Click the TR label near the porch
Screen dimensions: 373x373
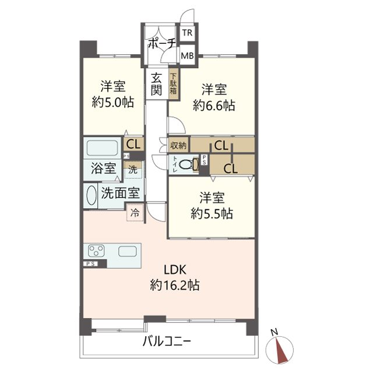(x=186, y=33)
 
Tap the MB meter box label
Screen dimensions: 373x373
(x=186, y=56)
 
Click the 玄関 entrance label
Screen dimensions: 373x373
(x=157, y=84)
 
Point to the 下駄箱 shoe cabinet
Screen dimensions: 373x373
(x=173, y=84)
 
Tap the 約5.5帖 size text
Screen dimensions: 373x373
(x=212, y=213)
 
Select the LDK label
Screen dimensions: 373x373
(x=174, y=270)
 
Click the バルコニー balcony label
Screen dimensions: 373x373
(x=167, y=342)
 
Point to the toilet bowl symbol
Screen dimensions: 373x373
(x=186, y=164)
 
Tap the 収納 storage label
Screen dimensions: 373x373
(x=178, y=145)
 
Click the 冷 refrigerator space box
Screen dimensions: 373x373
(x=135, y=214)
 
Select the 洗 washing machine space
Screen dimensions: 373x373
(x=133, y=170)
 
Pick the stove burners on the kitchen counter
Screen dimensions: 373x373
(x=96, y=251)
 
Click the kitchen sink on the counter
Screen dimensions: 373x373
(x=128, y=251)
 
